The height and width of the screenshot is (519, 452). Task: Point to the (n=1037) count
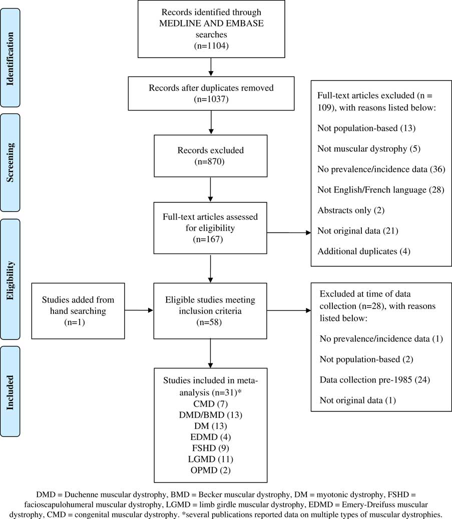click(x=211, y=99)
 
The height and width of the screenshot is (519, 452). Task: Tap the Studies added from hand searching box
click(x=78, y=310)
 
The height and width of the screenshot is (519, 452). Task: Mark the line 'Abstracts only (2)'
click(x=350, y=210)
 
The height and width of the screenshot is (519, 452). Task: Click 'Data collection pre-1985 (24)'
click(x=374, y=380)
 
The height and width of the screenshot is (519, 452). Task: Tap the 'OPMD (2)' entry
click(x=211, y=471)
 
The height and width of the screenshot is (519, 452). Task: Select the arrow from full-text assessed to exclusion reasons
click(x=289, y=232)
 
